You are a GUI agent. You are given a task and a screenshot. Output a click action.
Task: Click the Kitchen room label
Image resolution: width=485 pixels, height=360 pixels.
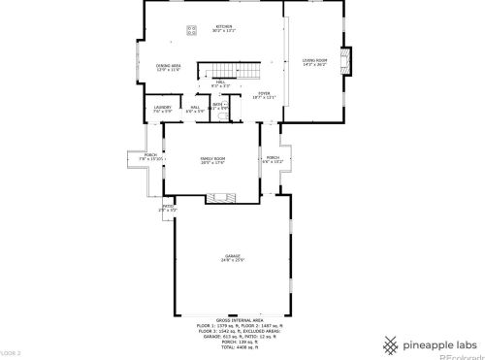coord(224,27)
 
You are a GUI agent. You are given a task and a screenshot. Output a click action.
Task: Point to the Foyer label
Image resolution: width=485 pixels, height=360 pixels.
coord(265,94)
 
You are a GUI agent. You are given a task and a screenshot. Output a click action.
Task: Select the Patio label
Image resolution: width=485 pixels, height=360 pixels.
coord(167,206)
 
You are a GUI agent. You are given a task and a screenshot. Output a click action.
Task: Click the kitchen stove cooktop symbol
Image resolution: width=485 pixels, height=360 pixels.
coord(192,29)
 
